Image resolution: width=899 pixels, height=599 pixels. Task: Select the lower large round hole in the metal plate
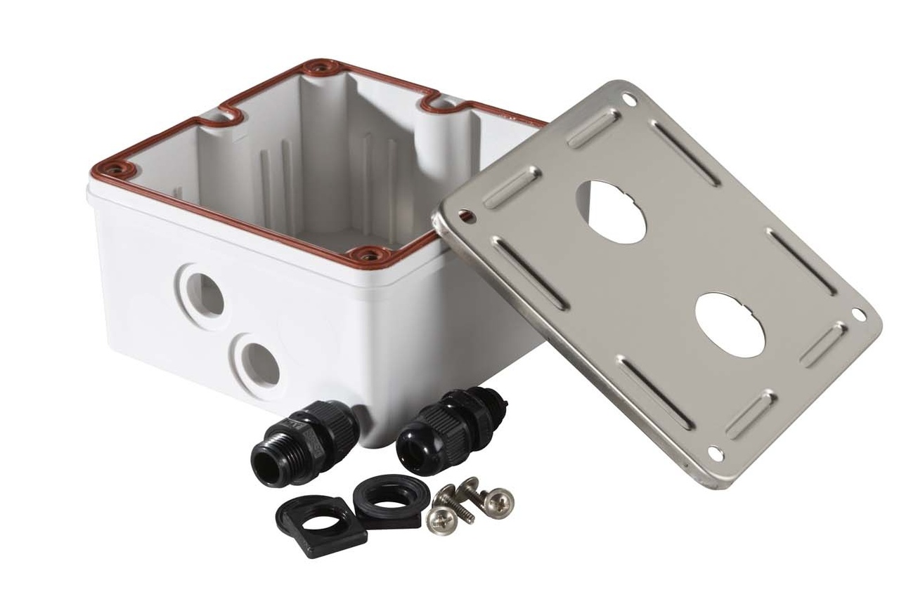pos(731,324)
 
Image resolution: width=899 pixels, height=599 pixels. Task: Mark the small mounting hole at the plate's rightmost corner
pos(858,313)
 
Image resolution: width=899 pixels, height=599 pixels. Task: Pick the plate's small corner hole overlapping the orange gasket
pos(465,216)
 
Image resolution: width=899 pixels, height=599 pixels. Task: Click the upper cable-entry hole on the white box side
pos(205,295)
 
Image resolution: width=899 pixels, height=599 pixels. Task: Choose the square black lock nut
pos(321,525)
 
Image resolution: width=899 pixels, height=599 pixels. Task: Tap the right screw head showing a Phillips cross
pos(500,500)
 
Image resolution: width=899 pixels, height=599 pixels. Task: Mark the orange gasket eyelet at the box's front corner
pos(367,254)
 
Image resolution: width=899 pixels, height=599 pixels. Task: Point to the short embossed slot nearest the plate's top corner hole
pos(593,129)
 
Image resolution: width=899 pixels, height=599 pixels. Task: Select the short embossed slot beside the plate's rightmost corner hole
pos(823,344)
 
